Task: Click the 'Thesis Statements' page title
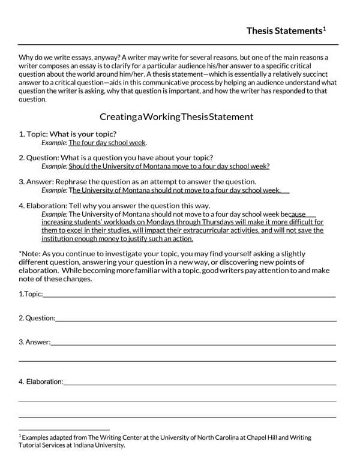pyautogui.click(x=284, y=31)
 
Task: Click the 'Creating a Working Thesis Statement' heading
pyautogui.click(x=168, y=116)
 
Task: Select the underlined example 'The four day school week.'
pyautogui.click(x=107, y=143)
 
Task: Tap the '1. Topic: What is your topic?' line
pyautogui.click(x=68, y=134)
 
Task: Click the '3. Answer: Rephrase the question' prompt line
pyautogui.click(x=137, y=181)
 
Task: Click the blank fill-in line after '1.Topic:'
pyautogui.click(x=189, y=295)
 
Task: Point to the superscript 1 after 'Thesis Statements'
pyautogui.click(x=325, y=27)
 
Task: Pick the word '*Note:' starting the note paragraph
pyautogui.click(x=31, y=253)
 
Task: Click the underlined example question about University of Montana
pyautogui.click(x=169, y=167)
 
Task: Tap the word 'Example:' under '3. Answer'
pyautogui.click(x=54, y=190)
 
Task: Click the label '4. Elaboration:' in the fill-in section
pyautogui.click(x=40, y=382)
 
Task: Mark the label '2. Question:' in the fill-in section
pyautogui.click(x=37, y=319)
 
